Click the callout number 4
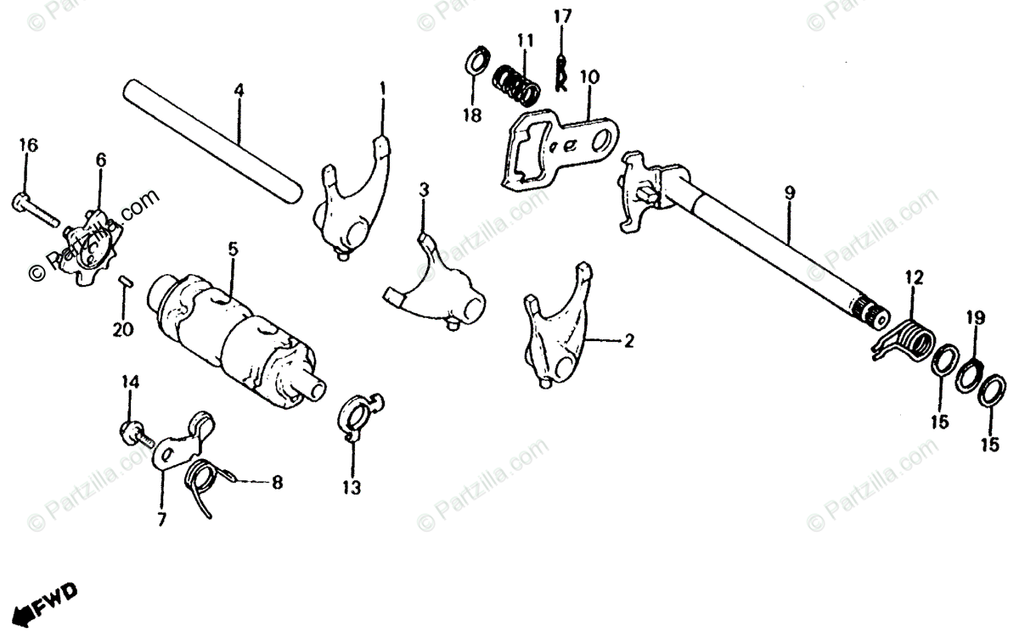click(239, 88)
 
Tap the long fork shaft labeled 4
click(212, 139)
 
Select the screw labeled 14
click(133, 433)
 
